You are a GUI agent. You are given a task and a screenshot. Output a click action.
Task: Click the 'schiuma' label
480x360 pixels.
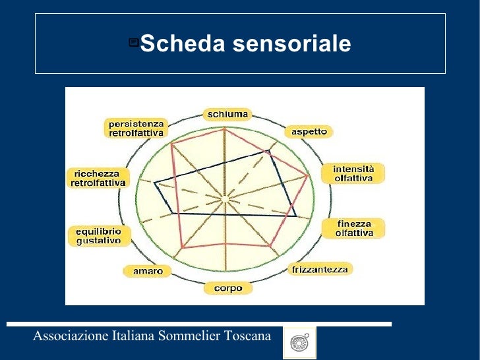click(227, 114)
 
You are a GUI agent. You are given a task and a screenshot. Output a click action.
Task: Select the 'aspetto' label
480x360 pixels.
click(309, 132)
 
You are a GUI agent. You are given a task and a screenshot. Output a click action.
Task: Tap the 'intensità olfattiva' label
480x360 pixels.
click(353, 173)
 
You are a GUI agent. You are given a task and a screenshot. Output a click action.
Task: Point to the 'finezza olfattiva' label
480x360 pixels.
click(353, 228)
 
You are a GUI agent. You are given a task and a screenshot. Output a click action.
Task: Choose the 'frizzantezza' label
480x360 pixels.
click(321, 269)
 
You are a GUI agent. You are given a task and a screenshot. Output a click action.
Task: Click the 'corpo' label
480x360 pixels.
click(227, 288)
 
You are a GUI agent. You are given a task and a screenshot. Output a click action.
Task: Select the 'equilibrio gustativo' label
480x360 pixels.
click(99, 236)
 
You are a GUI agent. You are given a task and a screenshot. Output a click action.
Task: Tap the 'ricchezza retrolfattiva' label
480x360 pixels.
click(98, 178)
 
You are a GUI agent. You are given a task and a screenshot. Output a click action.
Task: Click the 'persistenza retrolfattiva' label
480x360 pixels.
click(136, 128)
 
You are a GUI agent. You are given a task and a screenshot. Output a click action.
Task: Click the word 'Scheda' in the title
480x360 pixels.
click(181, 44)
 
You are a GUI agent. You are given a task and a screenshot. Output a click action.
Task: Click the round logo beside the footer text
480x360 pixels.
click(299, 343)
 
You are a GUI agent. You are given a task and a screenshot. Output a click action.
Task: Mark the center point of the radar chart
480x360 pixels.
click(225, 197)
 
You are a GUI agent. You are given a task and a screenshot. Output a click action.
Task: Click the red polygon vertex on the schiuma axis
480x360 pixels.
click(225, 129)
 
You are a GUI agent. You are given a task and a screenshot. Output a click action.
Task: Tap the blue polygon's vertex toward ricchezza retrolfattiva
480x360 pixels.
click(154, 183)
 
